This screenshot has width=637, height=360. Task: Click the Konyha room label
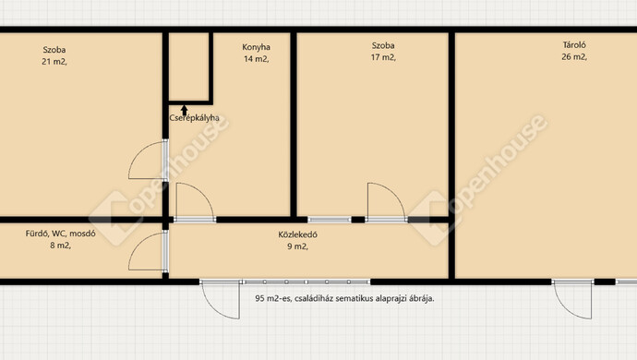pos(256,47)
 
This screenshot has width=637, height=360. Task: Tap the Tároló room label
pos(574,45)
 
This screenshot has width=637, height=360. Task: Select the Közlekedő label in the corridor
pos(298,234)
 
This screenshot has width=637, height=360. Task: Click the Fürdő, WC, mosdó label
pos(61,234)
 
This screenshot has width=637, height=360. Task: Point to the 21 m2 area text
pos(54,62)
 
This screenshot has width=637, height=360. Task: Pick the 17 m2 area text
pos(383,57)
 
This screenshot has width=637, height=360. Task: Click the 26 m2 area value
pos(574,57)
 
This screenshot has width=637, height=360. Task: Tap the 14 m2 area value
pos(256,59)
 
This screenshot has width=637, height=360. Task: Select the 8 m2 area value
pos(61,246)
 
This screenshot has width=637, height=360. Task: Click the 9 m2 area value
pos(298,246)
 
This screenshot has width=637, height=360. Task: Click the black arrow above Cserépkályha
pos(184,111)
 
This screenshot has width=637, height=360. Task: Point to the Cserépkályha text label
pos(194,118)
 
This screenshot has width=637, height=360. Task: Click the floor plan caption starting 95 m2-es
pos(344,298)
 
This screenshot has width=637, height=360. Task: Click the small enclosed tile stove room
pos(189,66)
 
